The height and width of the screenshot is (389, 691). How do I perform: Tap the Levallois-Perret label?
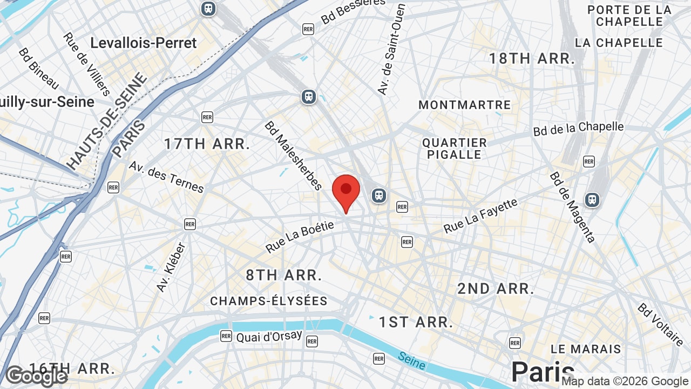[143, 43]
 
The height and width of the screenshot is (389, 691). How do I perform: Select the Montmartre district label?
[464, 105]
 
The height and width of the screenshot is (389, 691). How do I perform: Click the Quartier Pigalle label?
[455, 149]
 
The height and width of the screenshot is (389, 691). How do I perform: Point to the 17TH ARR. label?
[207, 144]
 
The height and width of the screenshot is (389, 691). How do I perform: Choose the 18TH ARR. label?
[531, 59]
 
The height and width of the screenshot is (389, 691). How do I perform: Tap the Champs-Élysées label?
[269, 301]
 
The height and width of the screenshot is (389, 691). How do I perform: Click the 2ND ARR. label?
[496, 289]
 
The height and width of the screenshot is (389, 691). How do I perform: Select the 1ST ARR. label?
[415, 323]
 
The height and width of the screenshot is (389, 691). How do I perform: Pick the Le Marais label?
[586, 349]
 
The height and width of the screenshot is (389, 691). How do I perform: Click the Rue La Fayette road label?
[480, 216]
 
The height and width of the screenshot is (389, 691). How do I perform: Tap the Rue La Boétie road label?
[300, 237]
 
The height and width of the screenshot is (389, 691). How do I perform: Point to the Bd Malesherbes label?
[293, 156]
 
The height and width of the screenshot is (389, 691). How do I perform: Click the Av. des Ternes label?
[166, 177]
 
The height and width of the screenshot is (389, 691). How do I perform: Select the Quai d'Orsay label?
[269, 337]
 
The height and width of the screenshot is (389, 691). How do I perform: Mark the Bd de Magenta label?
[572, 207]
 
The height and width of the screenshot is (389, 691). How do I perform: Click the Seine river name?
[412, 360]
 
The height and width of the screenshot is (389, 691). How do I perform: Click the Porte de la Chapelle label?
[629, 16]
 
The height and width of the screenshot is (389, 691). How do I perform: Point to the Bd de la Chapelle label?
[578, 129]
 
